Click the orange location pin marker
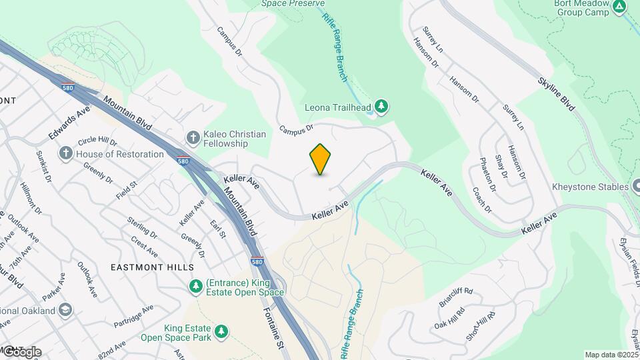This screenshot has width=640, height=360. click(x=320, y=159)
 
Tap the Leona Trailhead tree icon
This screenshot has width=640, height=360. click(x=381, y=106)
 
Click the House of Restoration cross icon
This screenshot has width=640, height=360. click(x=65, y=154)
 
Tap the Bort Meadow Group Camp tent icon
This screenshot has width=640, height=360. click(x=619, y=7)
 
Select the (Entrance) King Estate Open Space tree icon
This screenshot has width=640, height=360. click(x=195, y=287)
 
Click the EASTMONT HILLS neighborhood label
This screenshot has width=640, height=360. click(x=144, y=267)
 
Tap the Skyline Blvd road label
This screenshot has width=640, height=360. click(x=556, y=93)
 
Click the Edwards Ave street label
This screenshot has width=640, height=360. click(x=69, y=123)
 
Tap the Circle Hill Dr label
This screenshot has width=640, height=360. click(x=97, y=142)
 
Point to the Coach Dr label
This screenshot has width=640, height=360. click(x=481, y=199)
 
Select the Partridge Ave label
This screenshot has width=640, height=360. click(x=133, y=316)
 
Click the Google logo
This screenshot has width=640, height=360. click(x=21, y=351)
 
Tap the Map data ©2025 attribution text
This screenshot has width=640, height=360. click(x=610, y=354)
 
